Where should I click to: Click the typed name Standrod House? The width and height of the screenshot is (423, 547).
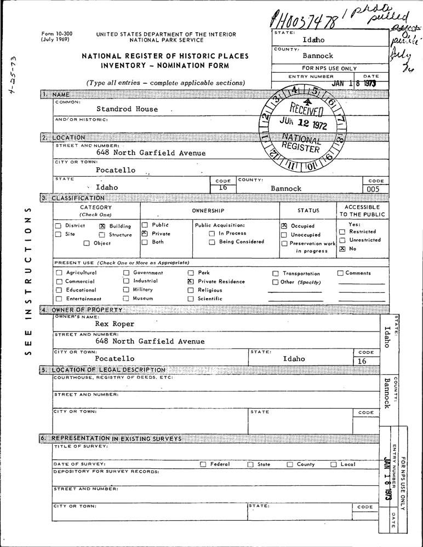(x=127, y=109)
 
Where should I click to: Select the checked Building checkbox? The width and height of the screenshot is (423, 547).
(x=102, y=226)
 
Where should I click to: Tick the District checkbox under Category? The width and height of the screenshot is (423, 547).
(x=58, y=226)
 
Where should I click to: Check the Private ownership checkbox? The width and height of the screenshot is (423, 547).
(x=145, y=233)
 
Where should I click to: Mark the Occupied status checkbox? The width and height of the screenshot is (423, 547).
(x=284, y=225)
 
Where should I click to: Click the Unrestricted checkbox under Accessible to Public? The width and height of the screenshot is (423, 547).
(x=342, y=240)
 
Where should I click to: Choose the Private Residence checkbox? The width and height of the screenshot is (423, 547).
(x=191, y=281)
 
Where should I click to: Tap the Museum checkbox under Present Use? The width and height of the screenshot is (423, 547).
(x=126, y=299)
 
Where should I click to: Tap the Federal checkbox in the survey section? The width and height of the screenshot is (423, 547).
(x=203, y=464)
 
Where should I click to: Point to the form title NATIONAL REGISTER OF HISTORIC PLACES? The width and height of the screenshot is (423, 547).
(x=165, y=56)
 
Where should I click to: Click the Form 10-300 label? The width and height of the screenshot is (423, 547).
(x=56, y=34)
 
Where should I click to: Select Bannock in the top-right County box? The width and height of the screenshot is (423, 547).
(x=317, y=56)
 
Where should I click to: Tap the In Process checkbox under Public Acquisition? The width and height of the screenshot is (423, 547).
(x=211, y=234)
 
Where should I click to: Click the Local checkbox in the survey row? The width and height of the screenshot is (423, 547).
(x=333, y=464)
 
